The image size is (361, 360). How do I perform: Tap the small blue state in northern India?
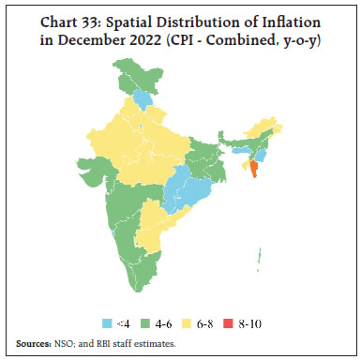(x=143, y=97)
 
